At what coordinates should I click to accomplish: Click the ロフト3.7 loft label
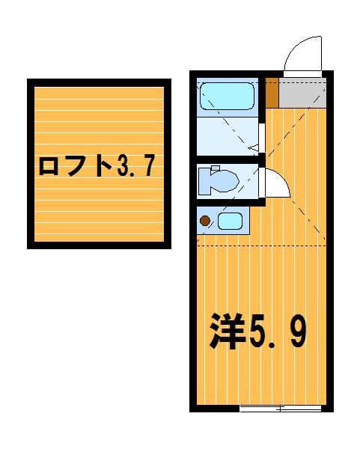97,166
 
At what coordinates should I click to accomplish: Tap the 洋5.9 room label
257,332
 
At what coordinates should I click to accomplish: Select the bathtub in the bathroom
227,96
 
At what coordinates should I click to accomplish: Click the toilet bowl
225,180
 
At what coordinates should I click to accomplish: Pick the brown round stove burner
205,221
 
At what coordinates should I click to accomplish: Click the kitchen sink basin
230,221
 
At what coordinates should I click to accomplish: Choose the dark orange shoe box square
272,92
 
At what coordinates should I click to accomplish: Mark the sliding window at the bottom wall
280,409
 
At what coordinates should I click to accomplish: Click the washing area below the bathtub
228,136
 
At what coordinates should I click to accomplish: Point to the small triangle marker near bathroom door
254,147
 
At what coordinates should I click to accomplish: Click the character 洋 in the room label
227,332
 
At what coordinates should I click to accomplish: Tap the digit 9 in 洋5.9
298,332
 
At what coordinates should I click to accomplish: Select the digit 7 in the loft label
149,166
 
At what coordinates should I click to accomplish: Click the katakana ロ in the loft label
48,167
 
